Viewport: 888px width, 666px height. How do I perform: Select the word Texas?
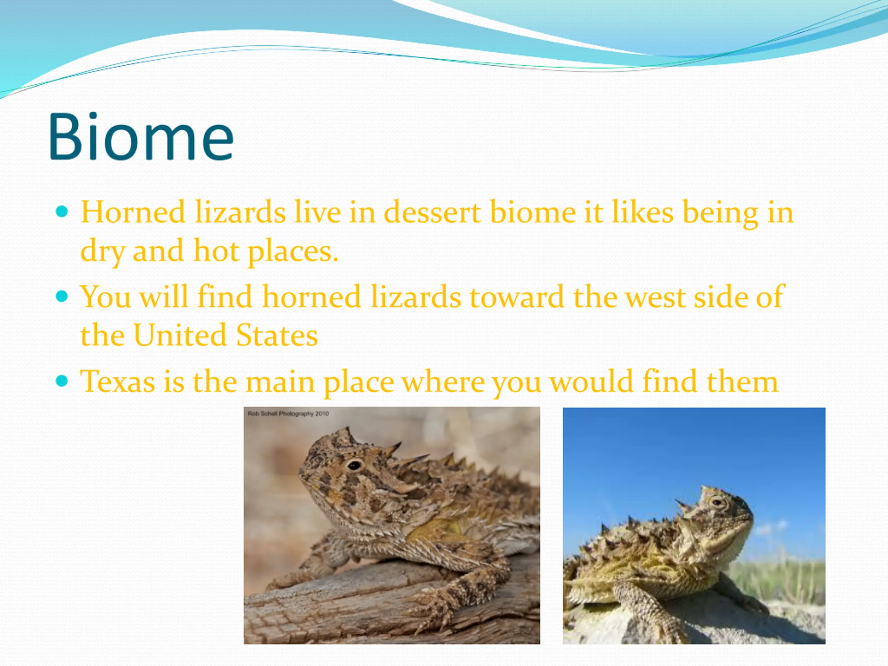click(x=117, y=381)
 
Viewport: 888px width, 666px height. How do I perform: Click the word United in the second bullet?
click(x=180, y=335)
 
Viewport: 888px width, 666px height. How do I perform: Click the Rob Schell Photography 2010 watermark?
click(x=288, y=413)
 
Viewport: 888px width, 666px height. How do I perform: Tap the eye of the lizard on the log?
click(x=355, y=465)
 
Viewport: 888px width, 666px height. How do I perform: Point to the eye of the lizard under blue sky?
click(x=716, y=502)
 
